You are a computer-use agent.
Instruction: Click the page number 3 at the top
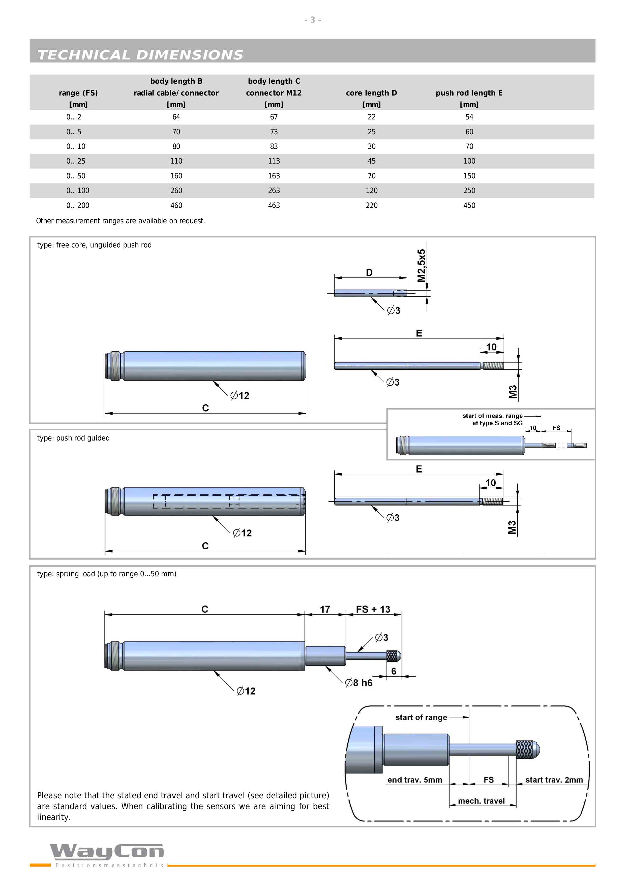[312, 20]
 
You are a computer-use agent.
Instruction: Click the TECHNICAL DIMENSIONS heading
[140, 55]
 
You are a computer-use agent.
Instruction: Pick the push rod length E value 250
[469, 191]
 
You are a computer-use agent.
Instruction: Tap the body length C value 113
[274, 161]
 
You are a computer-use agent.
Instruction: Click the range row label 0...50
[76, 176]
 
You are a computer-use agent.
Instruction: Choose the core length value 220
[371, 205]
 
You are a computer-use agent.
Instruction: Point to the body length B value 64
[176, 117]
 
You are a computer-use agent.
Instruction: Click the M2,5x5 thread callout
[422, 266]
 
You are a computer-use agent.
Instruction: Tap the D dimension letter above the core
[369, 273]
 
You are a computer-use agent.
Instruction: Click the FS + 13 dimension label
[373, 609]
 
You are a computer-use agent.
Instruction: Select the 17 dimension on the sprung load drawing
[325, 609]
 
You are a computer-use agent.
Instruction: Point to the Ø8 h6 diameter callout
[359, 683]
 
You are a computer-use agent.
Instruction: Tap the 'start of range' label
[421, 717]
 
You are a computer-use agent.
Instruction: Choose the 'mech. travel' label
[481, 801]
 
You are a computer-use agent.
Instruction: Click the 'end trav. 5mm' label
[414, 780]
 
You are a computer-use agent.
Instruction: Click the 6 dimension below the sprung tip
[394, 671]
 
